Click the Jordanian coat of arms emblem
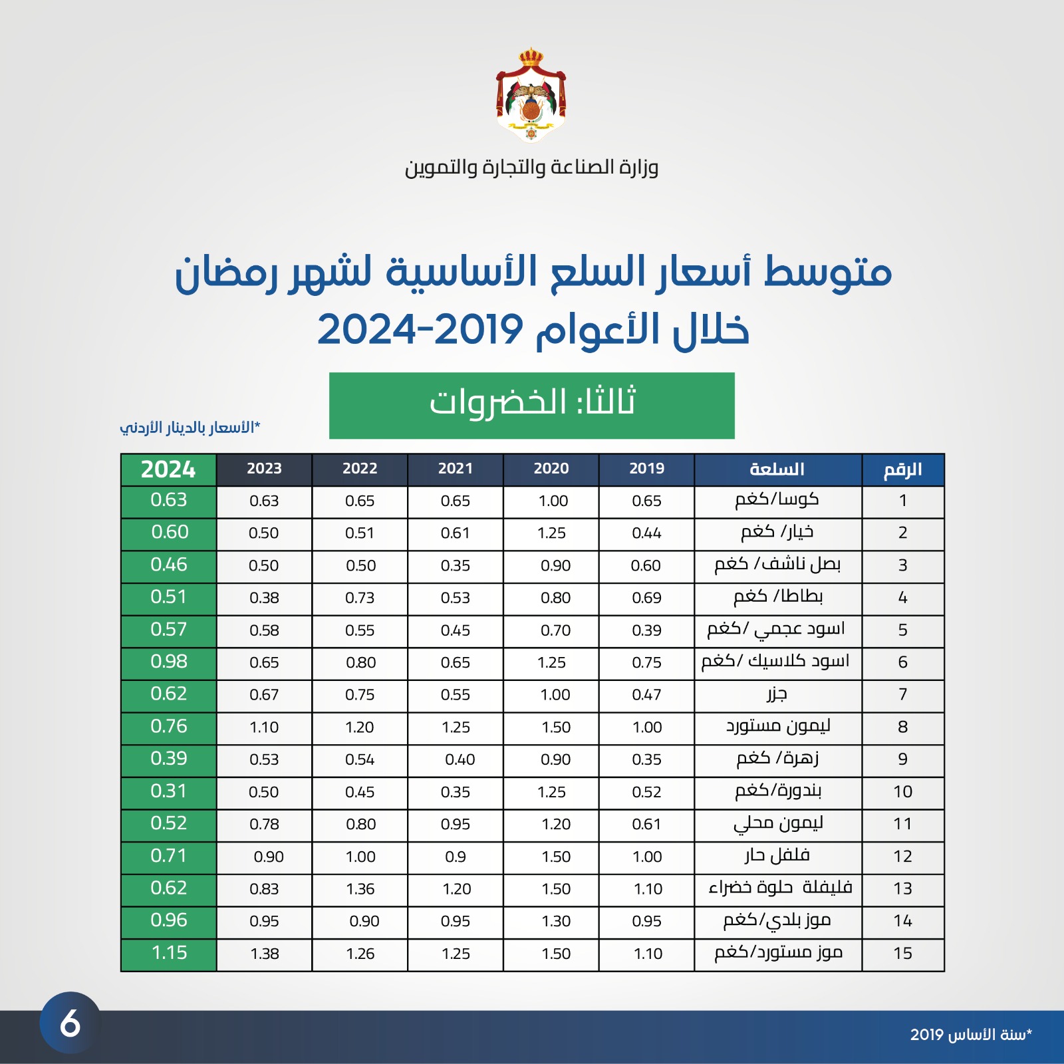pyautogui.click(x=531, y=95)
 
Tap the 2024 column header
pyautogui.click(x=168, y=469)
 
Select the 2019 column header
pyautogui.click(x=646, y=469)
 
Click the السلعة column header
pyautogui.click(x=777, y=469)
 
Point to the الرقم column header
pyautogui.click(x=902, y=469)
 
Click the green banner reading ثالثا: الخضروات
pyautogui.click(x=531, y=405)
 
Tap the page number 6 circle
pyautogui.click(x=70, y=1023)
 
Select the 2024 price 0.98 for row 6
pyautogui.click(x=169, y=662)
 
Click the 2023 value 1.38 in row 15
pyautogui.click(x=265, y=954)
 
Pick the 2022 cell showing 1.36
pyautogui.click(x=360, y=889)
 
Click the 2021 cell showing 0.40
pyautogui.click(x=460, y=759)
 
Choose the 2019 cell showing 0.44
pyautogui.click(x=646, y=533)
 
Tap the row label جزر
pyautogui.click(x=777, y=694)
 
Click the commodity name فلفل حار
pyautogui.click(x=777, y=855)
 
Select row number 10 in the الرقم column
pyautogui.click(x=902, y=791)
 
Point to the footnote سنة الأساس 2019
pyautogui.click(x=971, y=1035)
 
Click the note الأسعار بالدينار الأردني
pyautogui.click(x=190, y=427)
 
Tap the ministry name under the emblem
pyautogui.click(x=531, y=168)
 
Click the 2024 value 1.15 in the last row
pyautogui.click(x=170, y=953)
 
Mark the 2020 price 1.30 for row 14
pyautogui.click(x=556, y=921)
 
